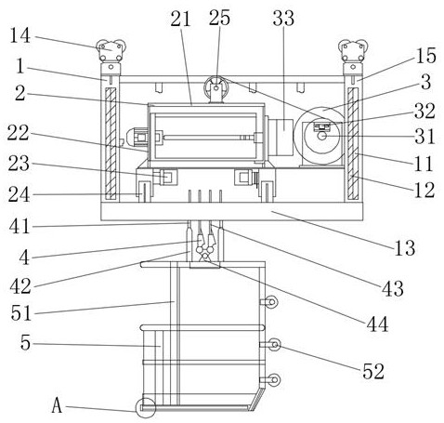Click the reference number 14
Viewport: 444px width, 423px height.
coord(20,35)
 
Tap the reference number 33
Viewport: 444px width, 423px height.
coord(283,19)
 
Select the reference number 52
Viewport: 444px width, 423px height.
coord(373,371)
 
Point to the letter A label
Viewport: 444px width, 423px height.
coord(57,405)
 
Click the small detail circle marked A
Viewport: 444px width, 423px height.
coord(145,407)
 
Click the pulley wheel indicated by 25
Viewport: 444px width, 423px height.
coord(215,87)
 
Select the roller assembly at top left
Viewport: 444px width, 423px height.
coord(111,50)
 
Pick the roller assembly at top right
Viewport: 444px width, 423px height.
coord(353,50)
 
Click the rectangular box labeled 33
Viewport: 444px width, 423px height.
coord(281,137)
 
